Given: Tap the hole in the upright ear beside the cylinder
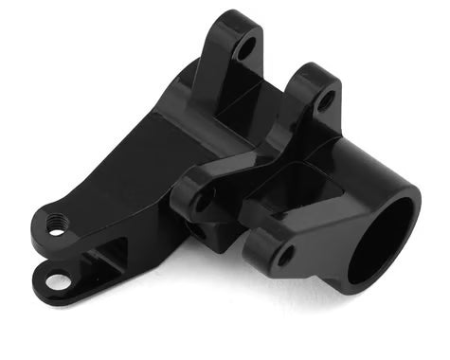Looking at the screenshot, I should click(x=325, y=99).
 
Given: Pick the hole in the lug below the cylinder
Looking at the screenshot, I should click(x=284, y=255).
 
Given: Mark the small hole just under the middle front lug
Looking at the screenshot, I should click(x=193, y=230).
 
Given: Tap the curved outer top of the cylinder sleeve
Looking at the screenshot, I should click(x=369, y=152).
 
